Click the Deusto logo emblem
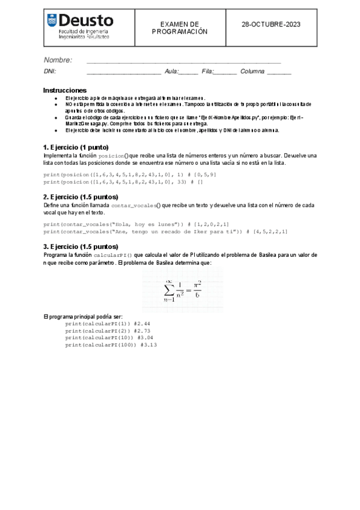pos(52,22)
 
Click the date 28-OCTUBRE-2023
pos(270,25)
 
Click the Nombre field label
pos(58,60)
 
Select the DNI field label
pos(50,72)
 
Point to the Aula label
pos(172,72)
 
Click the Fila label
pos(208,72)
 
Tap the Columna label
pos(252,72)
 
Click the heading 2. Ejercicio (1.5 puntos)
pos(81,197)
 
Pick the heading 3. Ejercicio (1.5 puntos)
pos(81,246)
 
